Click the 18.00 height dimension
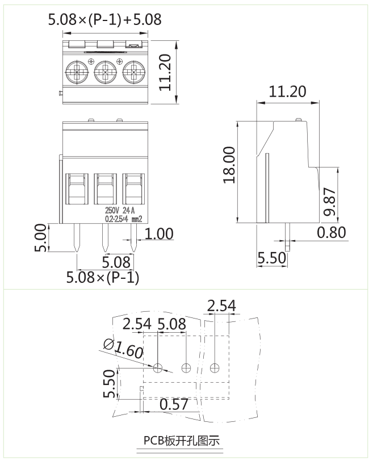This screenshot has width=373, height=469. [x=229, y=165]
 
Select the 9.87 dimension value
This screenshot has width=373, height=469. [x=331, y=202]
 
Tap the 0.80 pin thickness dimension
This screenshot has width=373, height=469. [x=332, y=232]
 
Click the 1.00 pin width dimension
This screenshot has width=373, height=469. [x=160, y=234]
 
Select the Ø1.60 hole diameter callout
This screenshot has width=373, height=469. [x=123, y=347]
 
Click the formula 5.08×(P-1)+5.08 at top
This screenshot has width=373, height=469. [x=105, y=20]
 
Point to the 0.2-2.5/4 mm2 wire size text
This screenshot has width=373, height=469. [x=123, y=218]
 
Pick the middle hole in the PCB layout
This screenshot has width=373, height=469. [x=186, y=368]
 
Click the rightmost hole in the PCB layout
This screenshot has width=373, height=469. [x=214, y=368]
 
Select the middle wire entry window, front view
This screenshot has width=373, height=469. [x=105, y=190]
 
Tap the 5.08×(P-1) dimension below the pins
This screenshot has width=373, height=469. [x=103, y=278]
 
